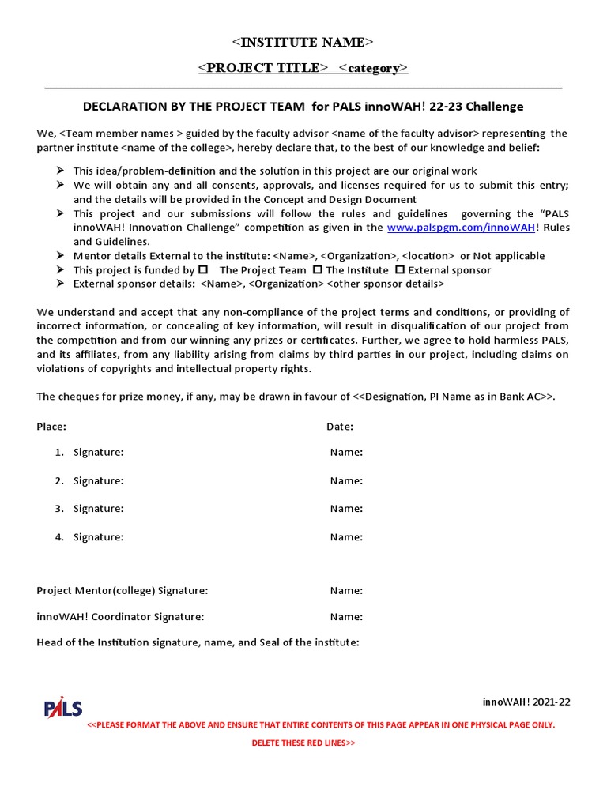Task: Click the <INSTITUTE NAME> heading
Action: coord(303,42)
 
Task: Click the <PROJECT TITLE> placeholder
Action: coord(262,68)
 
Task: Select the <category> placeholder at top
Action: coord(373,68)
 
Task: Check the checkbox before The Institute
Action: coord(318,269)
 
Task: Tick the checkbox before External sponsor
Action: coord(400,269)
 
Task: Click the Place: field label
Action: coord(51,427)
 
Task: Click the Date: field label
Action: coord(340,427)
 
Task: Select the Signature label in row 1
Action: coord(98,453)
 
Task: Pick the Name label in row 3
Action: coord(346,509)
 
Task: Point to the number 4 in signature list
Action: coord(58,537)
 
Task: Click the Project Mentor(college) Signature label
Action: coord(123,591)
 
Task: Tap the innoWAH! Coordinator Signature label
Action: coord(120,617)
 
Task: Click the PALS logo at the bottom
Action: coord(63,707)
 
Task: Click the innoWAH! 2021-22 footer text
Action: coord(526,702)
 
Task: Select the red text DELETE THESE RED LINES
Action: coord(303,743)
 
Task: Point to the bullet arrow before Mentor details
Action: coord(60,256)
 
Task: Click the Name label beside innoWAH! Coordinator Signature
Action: coord(346,617)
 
